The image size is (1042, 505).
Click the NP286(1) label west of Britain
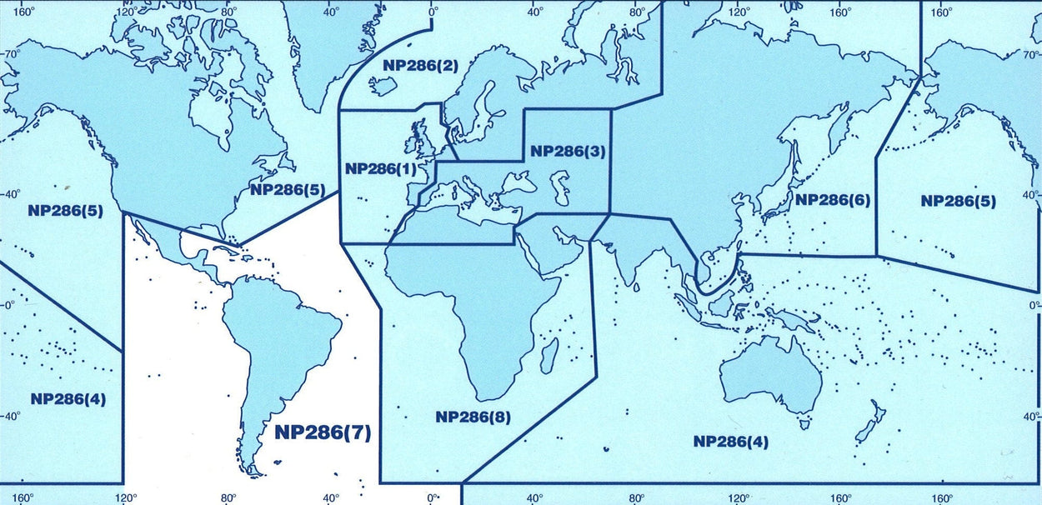click(381, 168)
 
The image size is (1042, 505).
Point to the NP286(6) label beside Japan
click(831, 200)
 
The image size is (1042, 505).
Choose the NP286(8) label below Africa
click(473, 417)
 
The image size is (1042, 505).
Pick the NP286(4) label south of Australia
click(731, 441)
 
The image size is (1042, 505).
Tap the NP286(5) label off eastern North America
click(288, 189)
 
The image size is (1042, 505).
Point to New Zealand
click(869, 421)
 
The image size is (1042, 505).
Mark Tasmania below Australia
click(805, 424)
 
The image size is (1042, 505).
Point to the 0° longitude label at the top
click(433, 12)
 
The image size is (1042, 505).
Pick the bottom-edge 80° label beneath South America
click(228, 498)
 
